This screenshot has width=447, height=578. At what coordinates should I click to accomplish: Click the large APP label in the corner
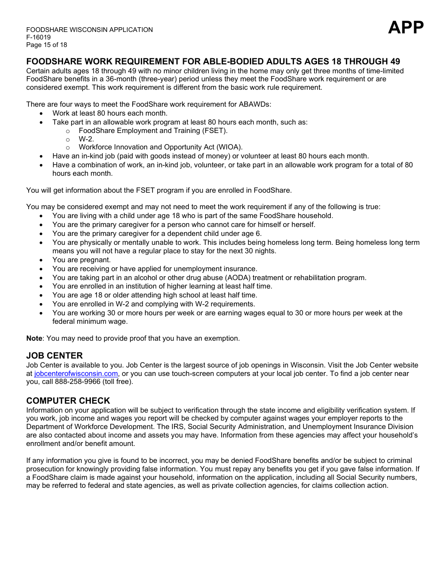point(406,28)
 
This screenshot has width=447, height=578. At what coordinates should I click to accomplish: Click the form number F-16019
point(39,38)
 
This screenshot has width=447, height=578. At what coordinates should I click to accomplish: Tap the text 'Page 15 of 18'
point(47,45)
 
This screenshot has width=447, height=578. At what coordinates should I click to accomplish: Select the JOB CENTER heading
point(55,356)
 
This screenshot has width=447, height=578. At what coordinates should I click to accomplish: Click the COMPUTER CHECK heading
point(68,401)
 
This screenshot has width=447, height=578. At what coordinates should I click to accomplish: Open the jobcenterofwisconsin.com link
point(76,374)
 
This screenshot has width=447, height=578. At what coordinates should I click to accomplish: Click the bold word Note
point(34,338)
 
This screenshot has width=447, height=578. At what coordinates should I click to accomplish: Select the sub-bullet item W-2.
point(86,139)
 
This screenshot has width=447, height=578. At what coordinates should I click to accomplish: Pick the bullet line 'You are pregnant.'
point(81,260)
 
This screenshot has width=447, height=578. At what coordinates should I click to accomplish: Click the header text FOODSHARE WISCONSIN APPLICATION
point(89,30)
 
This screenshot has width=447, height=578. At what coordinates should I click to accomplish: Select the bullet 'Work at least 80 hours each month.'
point(110,113)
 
